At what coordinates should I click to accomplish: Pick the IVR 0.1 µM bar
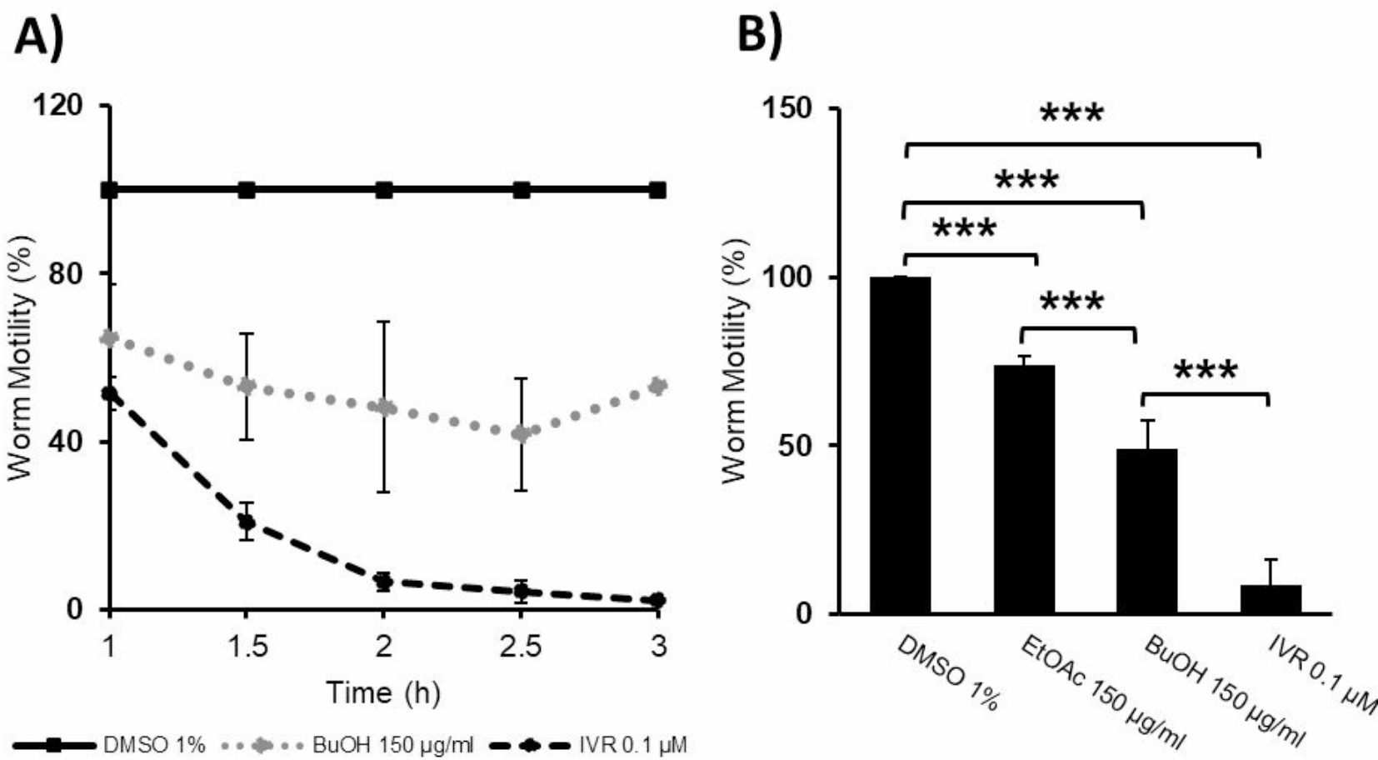(x=1271, y=599)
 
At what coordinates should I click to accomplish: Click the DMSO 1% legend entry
(x=153, y=745)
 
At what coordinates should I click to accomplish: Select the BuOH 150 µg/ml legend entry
(x=392, y=745)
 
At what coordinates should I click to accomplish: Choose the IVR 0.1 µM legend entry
(x=632, y=745)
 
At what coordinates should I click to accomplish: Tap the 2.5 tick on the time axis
(x=521, y=646)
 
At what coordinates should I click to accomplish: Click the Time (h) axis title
(x=383, y=692)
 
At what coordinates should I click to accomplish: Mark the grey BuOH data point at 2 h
(x=383, y=407)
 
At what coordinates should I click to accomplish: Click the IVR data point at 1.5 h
(x=246, y=522)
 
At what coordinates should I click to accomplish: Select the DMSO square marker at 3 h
(x=657, y=190)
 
